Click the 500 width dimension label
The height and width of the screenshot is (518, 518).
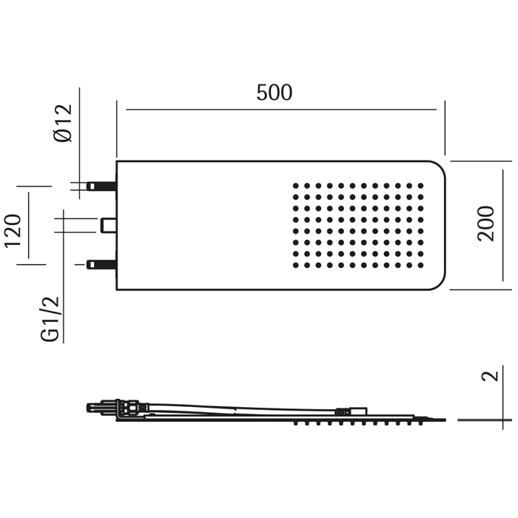pos(275,93)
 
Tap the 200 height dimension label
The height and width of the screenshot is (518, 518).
pos(486,223)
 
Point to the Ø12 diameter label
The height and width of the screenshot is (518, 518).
pos(64,123)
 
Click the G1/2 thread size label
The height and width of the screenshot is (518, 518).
pos(50,319)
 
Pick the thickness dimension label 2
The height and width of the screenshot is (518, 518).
pos(489,376)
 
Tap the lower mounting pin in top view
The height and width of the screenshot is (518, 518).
pos(101,264)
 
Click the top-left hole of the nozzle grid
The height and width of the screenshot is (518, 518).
pos(295,186)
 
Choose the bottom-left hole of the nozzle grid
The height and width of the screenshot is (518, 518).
pos(295,265)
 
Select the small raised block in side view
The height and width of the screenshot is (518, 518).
pos(359,411)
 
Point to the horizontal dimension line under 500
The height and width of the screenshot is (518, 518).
pos(281,110)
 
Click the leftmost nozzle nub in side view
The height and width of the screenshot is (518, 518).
pos(295,423)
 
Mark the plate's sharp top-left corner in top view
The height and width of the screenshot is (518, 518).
pos(117,161)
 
